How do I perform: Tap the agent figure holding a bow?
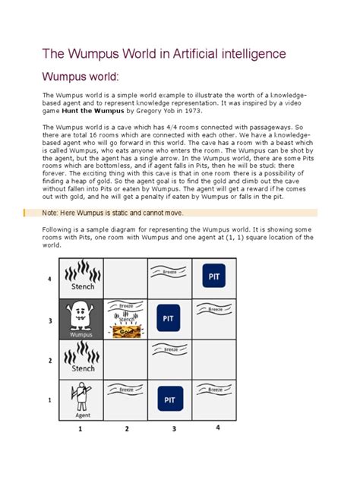[80, 396]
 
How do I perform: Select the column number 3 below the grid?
[173, 429]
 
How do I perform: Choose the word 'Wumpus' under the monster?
[80, 333]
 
